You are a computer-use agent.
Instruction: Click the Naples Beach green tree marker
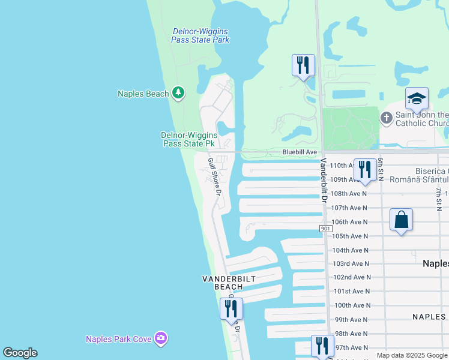coord(178,93)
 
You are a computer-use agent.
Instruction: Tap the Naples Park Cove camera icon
coord(160,338)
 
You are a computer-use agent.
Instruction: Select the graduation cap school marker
coord(417,98)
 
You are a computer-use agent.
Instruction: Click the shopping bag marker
coord(401,220)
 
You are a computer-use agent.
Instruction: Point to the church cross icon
coord(387,118)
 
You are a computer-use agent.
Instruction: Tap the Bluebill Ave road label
coord(300,152)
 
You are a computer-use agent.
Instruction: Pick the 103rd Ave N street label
coord(352,263)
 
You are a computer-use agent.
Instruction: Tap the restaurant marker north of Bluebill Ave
coord(303,65)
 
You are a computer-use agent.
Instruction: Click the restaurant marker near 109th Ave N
coord(364,170)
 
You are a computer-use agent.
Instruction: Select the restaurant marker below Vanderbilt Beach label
coord(231,308)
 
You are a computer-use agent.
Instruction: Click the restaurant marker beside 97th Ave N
coord(322,346)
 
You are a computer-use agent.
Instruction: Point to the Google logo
coord(20,353)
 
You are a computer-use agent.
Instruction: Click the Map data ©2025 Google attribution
coord(411,355)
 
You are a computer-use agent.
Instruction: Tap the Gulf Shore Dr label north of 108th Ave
coord(214,176)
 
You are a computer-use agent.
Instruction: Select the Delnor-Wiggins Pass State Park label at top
coord(200,35)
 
